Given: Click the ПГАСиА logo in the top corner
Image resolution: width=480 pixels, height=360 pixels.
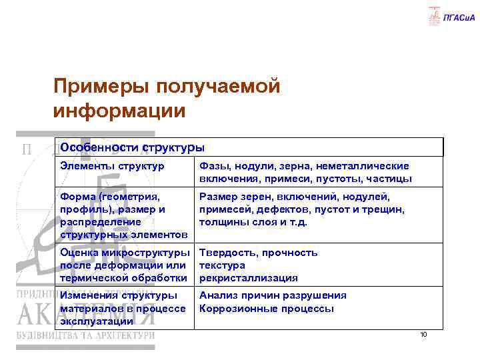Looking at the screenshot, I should pyautogui.click(x=452, y=17).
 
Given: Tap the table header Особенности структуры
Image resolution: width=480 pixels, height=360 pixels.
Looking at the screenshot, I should pyautogui.click(x=132, y=147).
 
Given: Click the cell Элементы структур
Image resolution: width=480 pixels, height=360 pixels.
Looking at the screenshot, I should pyautogui.click(x=112, y=166).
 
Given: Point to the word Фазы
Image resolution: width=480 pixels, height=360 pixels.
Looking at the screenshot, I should pyautogui.click(x=214, y=166).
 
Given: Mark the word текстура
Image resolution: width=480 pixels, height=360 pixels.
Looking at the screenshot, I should pyautogui.click(x=222, y=265).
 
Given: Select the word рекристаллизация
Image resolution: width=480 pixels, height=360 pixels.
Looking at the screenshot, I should pyautogui.click(x=248, y=278).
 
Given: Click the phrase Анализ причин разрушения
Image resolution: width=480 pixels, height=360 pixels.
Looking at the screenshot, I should pyautogui.click(x=272, y=295).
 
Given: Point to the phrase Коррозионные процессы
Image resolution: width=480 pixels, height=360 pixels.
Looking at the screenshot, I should pyautogui.click(x=266, y=309).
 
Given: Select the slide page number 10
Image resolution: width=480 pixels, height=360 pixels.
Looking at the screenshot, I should pyautogui.click(x=423, y=335).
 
